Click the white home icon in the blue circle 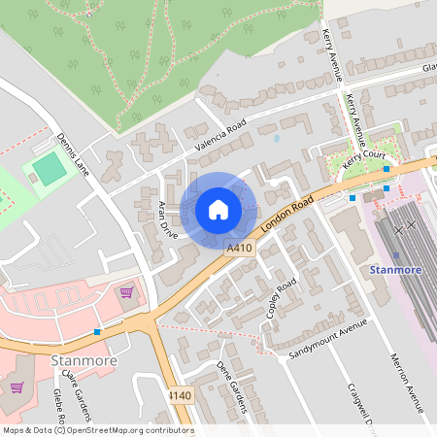pyautogui.click(x=218, y=210)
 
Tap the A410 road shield pyautogui.click(x=241, y=250)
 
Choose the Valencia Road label pyautogui.click(x=221, y=135)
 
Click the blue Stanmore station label pyautogui.click(x=394, y=269)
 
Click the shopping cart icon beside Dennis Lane pyautogui.click(x=125, y=291)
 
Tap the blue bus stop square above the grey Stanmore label pyautogui.click(x=98, y=332)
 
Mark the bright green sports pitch pyautogui.click(x=49, y=170)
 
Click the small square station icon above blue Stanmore pyautogui.click(x=395, y=254)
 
